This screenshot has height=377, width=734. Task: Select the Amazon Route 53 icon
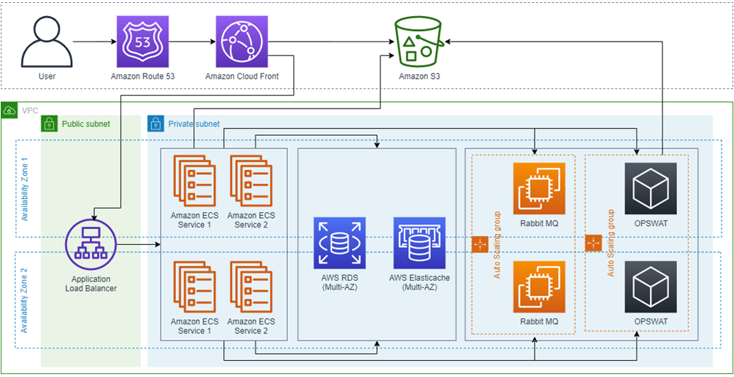142,42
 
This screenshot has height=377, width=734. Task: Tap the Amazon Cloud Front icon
242,42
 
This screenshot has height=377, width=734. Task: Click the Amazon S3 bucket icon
419,42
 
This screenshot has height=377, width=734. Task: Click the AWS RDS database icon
340,244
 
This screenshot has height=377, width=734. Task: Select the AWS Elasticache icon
419,244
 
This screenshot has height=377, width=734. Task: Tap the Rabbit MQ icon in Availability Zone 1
539,188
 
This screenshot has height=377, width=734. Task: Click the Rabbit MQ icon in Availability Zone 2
539,287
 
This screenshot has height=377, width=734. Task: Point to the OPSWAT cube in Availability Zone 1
651,188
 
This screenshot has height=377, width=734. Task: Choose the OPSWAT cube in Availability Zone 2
651,287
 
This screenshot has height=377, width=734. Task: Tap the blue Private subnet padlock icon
156,124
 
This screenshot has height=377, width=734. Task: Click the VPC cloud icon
9,110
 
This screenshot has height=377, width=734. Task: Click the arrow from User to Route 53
93,42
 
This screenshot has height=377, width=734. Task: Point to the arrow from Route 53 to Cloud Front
192,42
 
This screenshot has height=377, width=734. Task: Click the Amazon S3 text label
419,76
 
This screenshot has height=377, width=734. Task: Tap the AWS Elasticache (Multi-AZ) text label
419,283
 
